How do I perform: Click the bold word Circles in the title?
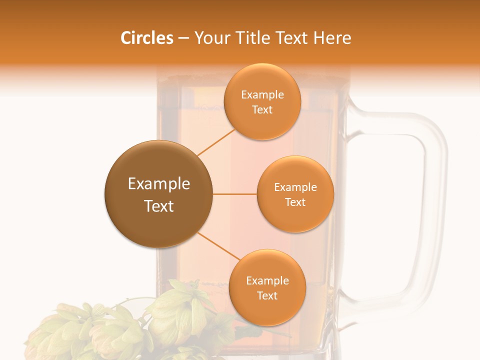[x=147, y=38]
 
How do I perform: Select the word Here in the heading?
[x=332, y=38]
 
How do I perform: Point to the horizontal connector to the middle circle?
[x=235, y=194]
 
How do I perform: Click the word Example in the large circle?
[x=159, y=184]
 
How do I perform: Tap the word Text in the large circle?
[x=159, y=206]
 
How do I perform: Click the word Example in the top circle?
[x=262, y=95]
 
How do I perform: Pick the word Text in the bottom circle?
[x=267, y=295]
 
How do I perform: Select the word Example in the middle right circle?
[x=295, y=187]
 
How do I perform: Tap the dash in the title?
[x=183, y=38]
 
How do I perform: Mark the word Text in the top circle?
[x=262, y=110]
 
